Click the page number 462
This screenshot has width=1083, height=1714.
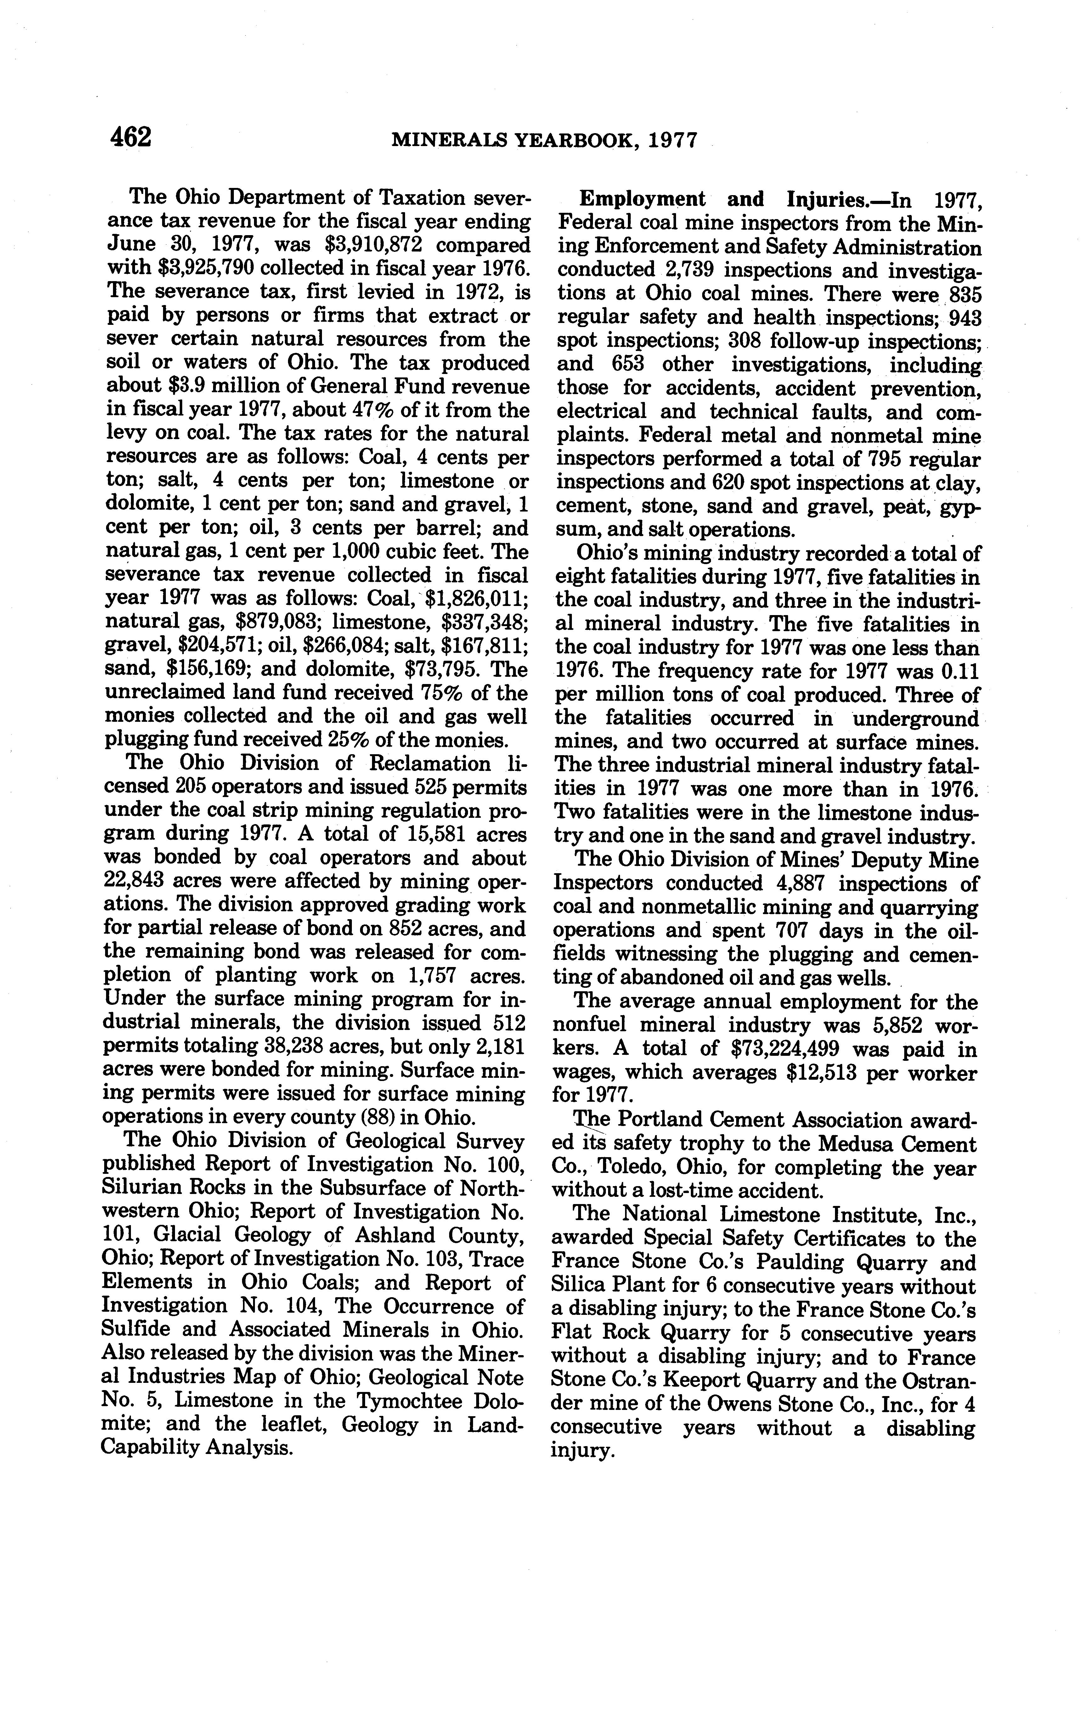(131, 137)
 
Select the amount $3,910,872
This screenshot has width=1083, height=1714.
(373, 245)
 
